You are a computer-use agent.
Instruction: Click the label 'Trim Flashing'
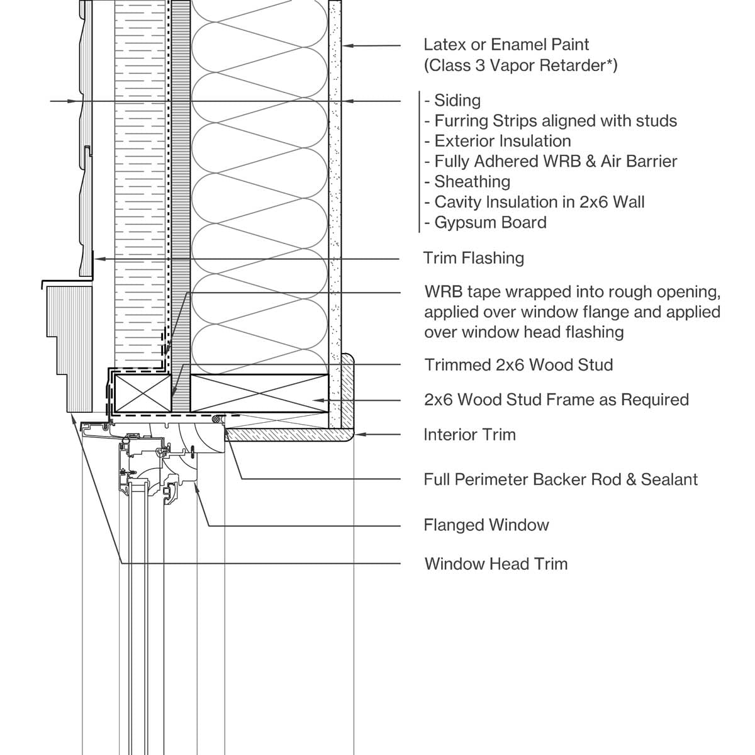473,258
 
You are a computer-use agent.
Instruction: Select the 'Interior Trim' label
469,435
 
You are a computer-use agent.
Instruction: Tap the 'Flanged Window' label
486,525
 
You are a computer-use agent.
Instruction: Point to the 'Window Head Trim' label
496,564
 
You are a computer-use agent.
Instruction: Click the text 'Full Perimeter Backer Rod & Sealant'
560,479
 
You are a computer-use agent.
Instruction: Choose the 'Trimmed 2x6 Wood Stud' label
518,365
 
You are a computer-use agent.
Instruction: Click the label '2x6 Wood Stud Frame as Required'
556,400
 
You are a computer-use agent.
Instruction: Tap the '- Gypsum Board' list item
485,222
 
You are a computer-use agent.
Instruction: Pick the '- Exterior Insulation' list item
497,141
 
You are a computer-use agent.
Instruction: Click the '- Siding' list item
452,101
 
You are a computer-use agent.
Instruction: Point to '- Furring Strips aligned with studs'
551,121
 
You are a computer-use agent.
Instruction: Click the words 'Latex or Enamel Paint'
506,45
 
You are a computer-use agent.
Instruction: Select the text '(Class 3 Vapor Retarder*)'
520,65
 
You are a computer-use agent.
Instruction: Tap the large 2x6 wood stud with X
259,393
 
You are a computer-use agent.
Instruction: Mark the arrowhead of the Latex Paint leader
345,45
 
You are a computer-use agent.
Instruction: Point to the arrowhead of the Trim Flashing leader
97,259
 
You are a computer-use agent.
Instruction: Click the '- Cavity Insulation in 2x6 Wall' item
534,202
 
